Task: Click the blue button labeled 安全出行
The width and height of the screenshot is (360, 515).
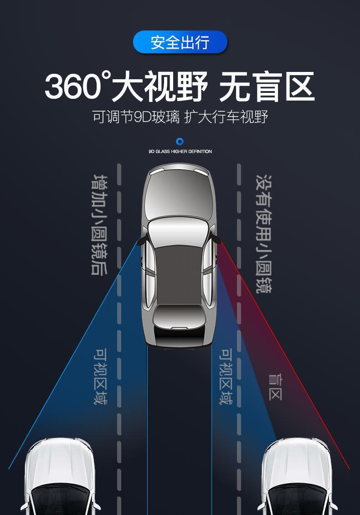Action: [x=180, y=42]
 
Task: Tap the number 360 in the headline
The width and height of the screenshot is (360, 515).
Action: [x=72, y=87]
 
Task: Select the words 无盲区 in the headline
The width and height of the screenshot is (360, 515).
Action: [x=266, y=87]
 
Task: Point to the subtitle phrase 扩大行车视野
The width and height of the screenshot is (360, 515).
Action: [x=226, y=117]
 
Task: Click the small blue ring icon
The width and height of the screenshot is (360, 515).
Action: [x=180, y=142]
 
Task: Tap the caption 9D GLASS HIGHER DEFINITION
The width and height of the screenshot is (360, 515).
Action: [x=180, y=152]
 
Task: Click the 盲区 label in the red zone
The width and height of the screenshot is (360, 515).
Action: [x=275, y=387]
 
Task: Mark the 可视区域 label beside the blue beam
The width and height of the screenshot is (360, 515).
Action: [x=101, y=377]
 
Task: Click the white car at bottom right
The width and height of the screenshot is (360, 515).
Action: [x=296, y=478]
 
